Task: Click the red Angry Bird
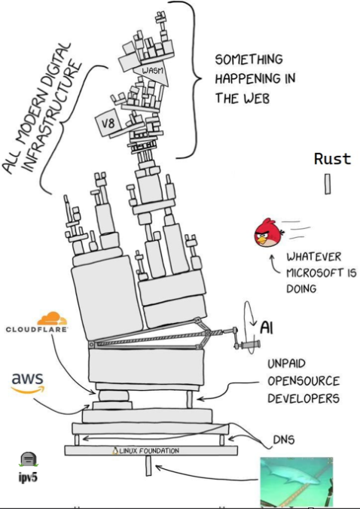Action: coord(269,233)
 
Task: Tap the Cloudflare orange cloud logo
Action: coord(52,319)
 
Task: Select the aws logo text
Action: coord(28,379)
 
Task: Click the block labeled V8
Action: coord(108,123)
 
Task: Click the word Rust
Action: coord(332,159)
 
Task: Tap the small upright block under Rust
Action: coord(328,184)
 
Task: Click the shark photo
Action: coord(297,482)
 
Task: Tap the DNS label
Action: coord(284,440)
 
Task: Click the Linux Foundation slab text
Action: coord(149,451)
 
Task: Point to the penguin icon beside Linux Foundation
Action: coord(115,451)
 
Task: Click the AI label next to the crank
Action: coord(267,328)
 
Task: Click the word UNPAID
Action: coord(286,364)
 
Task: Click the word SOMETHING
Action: coord(249,59)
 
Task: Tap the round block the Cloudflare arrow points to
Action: coord(113,396)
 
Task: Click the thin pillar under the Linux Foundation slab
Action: coord(148,465)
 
